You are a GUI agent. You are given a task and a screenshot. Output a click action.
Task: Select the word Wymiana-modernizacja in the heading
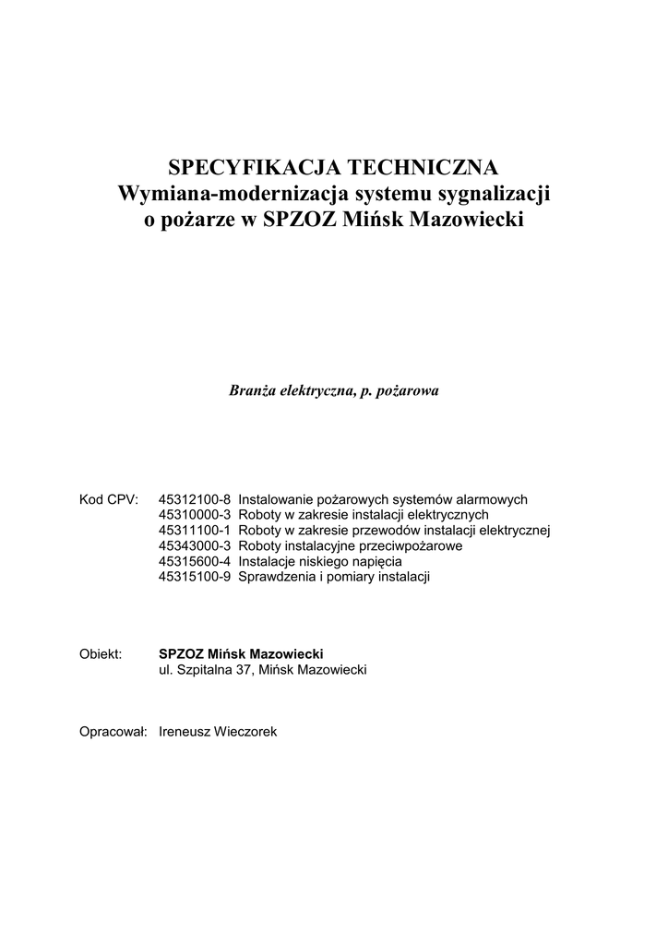tap(228, 196)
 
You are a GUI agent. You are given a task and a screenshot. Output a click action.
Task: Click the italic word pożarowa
tap(410, 391)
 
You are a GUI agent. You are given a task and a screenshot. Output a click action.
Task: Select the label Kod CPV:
tap(109, 499)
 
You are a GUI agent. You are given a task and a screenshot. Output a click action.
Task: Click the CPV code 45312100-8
tap(197, 499)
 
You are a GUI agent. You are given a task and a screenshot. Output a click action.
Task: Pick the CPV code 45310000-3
tap(197, 515)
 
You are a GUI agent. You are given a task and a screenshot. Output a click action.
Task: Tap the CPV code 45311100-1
tap(197, 531)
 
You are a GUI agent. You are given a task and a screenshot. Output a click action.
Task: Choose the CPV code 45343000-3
tap(197, 546)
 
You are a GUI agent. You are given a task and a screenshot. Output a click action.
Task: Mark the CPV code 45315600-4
tap(197, 562)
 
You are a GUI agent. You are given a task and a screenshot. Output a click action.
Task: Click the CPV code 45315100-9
tap(197, 578)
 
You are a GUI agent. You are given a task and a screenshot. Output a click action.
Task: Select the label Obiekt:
tap(101, 654)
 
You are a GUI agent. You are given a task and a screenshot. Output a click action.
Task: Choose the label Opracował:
tap(114, 732)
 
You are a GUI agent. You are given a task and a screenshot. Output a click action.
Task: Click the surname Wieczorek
tap(245, 732)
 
